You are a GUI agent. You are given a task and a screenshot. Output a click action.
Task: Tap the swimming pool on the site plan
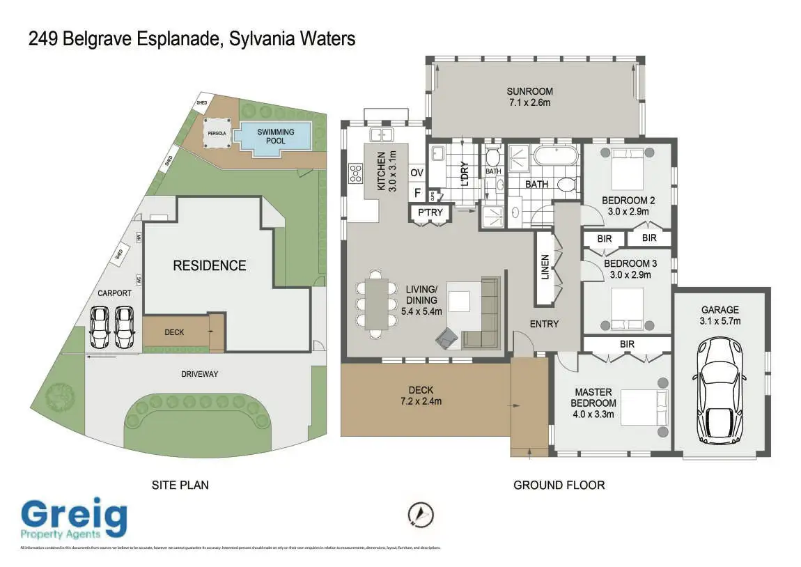click(x=276, y=137)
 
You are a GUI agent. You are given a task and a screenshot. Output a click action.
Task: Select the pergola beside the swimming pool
click(x=216, y=132)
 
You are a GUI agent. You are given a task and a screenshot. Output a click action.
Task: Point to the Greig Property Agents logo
click(x=74, y=520)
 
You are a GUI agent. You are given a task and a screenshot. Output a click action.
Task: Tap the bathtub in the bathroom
click(x=555, y=155)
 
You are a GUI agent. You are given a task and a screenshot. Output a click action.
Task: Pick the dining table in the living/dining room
click(x=375, y=304)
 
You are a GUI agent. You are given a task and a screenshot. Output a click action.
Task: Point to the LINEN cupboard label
click(x=545, y=267)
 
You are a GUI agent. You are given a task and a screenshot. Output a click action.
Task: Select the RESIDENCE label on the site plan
click(x=210, y=265)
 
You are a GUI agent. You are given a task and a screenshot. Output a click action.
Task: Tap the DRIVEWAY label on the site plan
click(x=200, y=374)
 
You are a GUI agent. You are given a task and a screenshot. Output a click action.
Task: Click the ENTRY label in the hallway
click(x=544, y=324)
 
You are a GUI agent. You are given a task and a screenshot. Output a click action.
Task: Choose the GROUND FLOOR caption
click(x=559, y=485)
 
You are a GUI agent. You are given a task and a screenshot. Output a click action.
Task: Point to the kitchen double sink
click(x=382, y=134)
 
